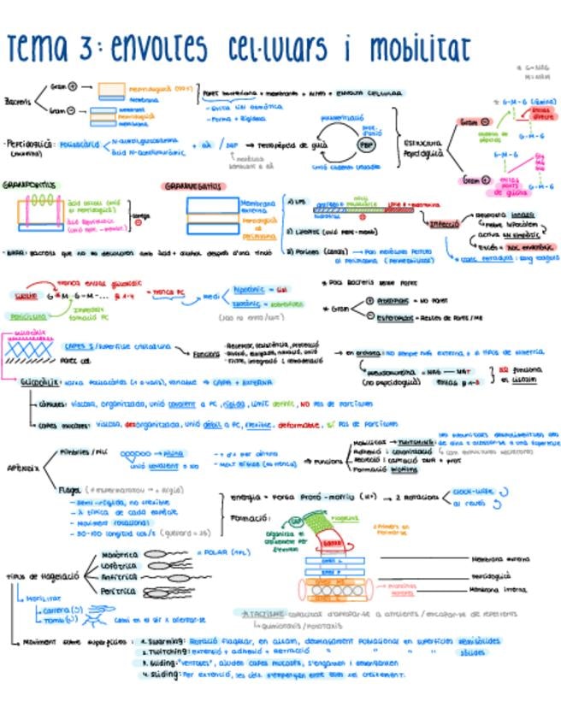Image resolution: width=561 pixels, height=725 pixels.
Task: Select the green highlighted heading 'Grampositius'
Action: pyautogui.click(x=29, y=185)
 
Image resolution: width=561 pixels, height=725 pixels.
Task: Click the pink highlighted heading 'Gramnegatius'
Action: pyautogui.click(x=192, y=186)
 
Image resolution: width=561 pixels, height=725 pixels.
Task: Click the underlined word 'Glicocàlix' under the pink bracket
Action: pyautogui.click(x=39, y=384)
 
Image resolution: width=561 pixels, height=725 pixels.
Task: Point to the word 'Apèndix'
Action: pyautogui.click(x=21, y=469)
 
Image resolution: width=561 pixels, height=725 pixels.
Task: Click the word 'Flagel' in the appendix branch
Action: pyautogui.click(x=69, y=491)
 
